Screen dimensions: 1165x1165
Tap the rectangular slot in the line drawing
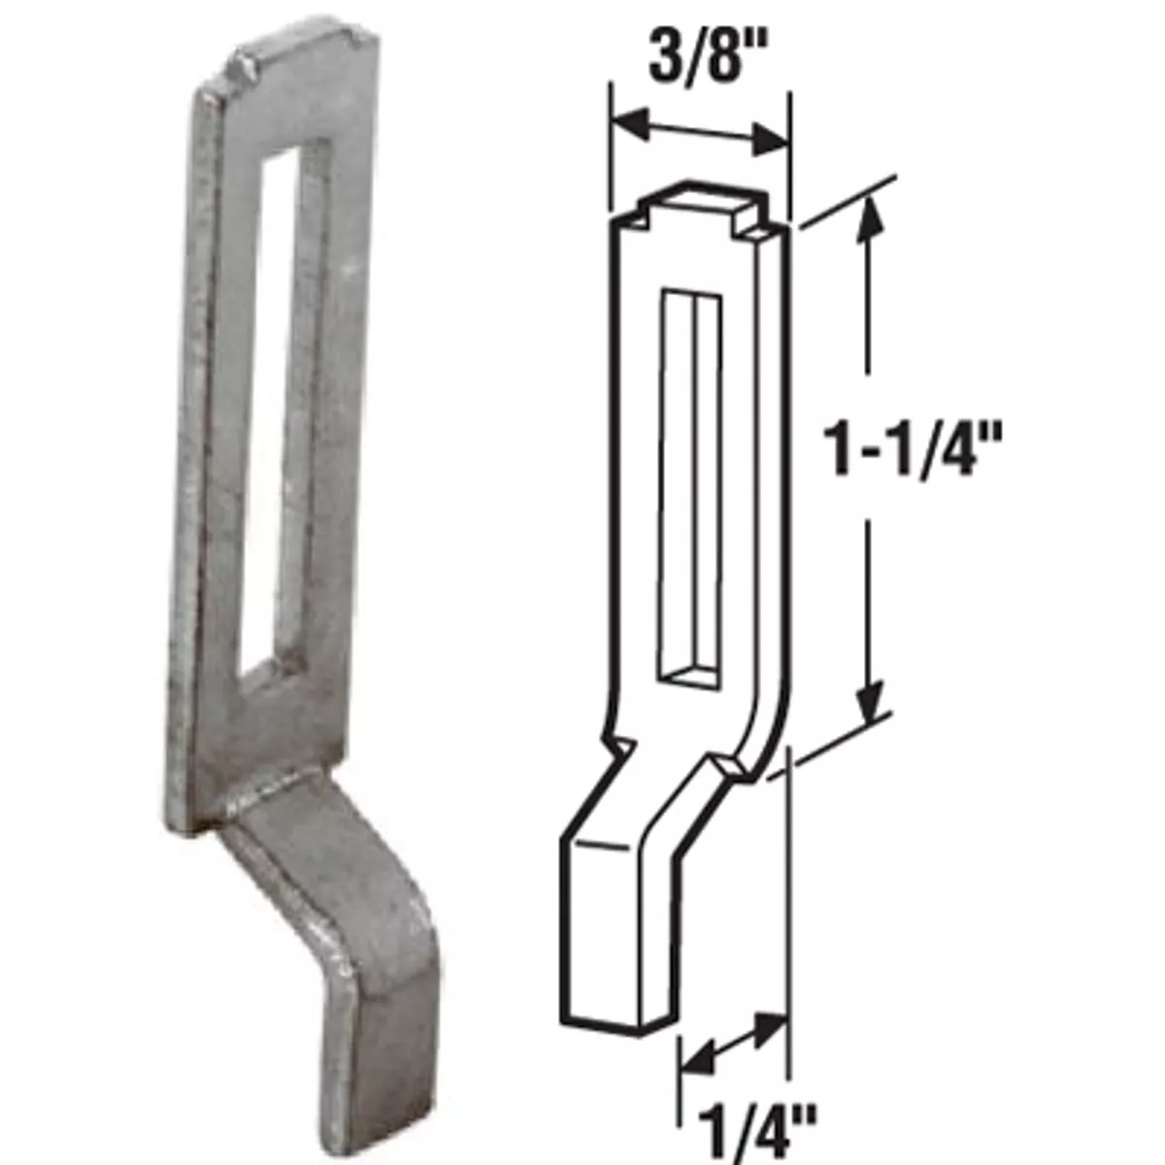point(691,485)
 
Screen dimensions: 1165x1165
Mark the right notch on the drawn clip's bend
point(728,767)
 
